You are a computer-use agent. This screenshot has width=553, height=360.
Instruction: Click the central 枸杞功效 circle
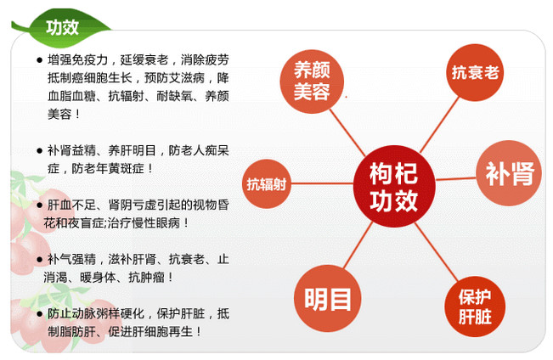click(394, 186)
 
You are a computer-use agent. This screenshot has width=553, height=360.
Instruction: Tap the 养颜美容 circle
click(312, 82)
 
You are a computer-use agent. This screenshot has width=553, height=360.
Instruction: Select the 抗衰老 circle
click(475, 73)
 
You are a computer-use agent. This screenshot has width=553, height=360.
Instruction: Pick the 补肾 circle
click(509, 173)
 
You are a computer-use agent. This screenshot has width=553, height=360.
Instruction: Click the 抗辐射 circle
click(266, 183)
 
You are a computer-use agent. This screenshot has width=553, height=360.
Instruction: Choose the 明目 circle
click(328, 298)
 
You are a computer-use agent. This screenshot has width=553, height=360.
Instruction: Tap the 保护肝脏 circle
click(475, 307)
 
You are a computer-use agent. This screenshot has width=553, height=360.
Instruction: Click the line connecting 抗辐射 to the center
click(322, 183)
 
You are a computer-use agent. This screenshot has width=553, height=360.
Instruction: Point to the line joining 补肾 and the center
click(455, 179)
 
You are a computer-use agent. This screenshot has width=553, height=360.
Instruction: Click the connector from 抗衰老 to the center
click(440, 125)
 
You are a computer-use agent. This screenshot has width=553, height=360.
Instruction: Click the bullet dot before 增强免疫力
click(39, 60)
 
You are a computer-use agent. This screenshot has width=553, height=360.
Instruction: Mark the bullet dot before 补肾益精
click(39, 151)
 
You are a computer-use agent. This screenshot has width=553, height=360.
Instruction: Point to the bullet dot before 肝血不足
click(39, 205)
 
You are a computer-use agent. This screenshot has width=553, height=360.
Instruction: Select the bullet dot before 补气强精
click(39, 260)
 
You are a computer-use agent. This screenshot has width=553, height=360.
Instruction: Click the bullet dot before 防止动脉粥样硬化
click(39, 314)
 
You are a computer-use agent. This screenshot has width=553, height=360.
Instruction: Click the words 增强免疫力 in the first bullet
click(77, 60)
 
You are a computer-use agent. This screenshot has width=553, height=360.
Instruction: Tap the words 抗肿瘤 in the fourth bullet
click(146, 278)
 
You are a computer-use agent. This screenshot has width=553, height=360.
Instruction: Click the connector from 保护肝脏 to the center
click(437, 252)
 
